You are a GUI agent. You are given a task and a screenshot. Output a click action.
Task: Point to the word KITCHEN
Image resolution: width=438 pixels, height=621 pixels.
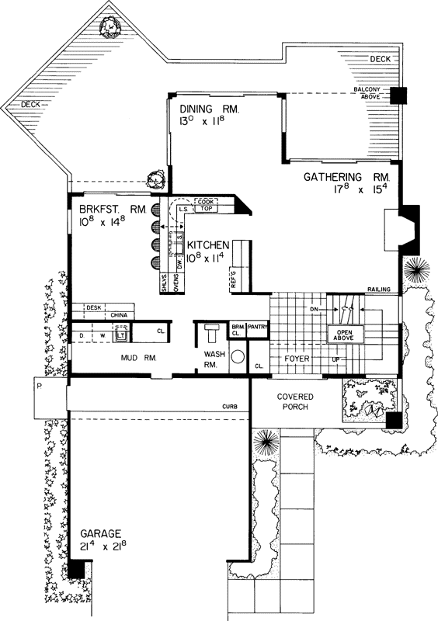pyautogui.click(x=209, y=245)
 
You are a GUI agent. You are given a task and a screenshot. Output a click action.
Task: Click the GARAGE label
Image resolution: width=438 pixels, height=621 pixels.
pyautogui.click(x=99, y=534)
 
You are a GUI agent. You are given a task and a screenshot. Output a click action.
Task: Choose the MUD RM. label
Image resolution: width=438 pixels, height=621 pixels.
pyautogui.click(x=139, y=359)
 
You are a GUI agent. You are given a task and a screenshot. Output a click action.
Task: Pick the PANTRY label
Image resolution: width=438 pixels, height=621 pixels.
pyautogui.click(x=257, y=328)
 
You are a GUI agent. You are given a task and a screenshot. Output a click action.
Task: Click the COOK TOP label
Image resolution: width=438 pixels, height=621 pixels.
pyautogui.click(x=206, y=205)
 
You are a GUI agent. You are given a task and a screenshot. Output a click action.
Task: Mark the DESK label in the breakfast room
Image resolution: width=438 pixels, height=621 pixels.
pyautogui.click(x=95, y=307)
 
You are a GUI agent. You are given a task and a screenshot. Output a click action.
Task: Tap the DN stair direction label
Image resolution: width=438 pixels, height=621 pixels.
pyautogui.click(x=315, y=310)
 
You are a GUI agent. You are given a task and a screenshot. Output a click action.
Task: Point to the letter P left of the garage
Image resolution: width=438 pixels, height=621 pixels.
pyautogui.click(x=37, y=385)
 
